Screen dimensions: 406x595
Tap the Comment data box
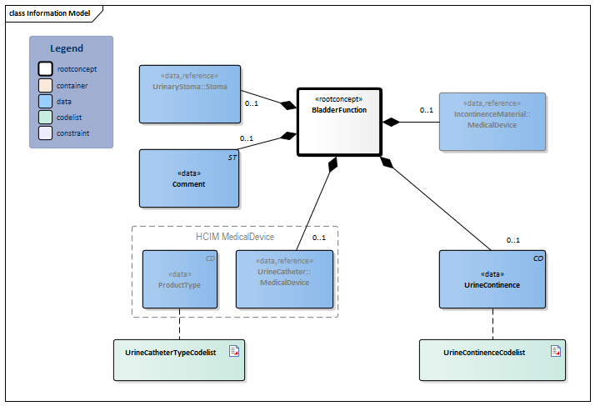(189, 178)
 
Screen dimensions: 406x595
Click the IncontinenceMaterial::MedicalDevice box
(492, 121)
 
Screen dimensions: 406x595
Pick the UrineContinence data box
(492, 278)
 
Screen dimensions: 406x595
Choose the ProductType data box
(179, 278)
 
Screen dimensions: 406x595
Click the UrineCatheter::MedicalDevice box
(283, 278)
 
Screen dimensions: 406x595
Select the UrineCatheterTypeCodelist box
(179, 360)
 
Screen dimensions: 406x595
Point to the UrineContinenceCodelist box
(492, 360)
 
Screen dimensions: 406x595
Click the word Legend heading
(67, 48)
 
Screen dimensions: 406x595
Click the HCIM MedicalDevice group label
(234, 237)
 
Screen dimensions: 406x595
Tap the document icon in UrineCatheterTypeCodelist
(234, 352)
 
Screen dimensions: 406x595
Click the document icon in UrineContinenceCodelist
(555, 352)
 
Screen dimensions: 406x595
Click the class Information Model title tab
(49, 13)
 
